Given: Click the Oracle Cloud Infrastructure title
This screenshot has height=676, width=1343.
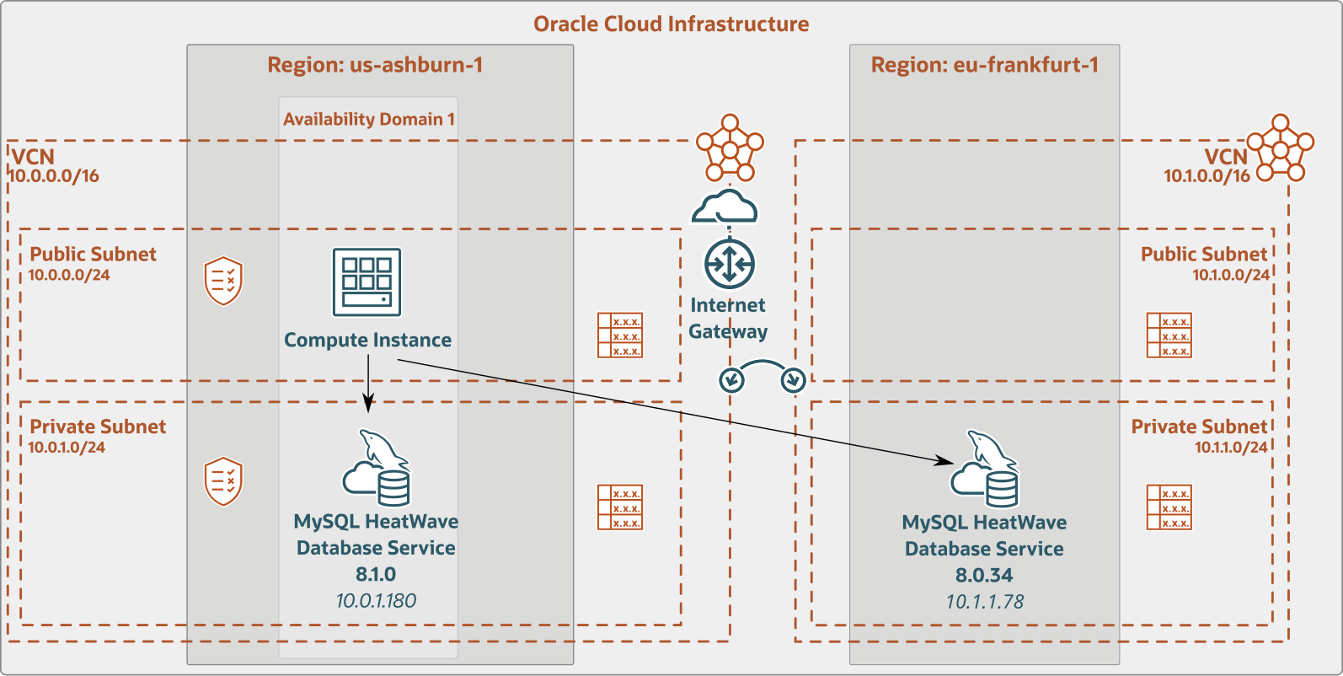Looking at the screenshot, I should (x=671, y=24).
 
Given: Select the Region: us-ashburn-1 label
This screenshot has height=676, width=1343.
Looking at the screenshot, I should (x=375, y=65).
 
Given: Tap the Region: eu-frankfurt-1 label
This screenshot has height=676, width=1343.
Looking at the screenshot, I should (x=984, y=65).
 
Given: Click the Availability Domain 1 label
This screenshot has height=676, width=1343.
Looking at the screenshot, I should (x=369, y=119).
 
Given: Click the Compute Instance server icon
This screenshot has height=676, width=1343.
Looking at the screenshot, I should (x=367, y=282).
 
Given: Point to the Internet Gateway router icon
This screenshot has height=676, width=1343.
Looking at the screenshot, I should (x=729, y=264).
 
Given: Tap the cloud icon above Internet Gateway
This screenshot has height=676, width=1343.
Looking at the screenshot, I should (x=725, y=207).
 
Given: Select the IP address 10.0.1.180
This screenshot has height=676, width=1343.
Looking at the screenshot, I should (x=376, y=600).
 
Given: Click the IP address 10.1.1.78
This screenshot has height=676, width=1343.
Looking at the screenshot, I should (x=984, y=601).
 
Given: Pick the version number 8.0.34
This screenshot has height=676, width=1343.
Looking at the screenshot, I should (x=984, y=575).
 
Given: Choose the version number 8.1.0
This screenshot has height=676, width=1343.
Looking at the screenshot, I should (x=376, y=574).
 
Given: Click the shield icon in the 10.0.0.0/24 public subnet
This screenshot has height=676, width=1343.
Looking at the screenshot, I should (x=223, y=281).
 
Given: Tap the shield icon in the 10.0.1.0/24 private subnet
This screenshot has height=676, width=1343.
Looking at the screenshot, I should (x=223, y=481).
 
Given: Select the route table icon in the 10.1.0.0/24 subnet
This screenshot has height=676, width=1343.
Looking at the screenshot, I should (x=1169, y=335).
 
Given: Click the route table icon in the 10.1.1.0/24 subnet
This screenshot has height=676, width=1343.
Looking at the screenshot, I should (x=1169, y=507).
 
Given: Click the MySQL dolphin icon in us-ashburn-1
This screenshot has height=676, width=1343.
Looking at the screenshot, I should (x=377, y=469).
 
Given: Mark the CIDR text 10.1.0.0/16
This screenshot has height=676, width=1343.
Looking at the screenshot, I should (x=1207, y=176).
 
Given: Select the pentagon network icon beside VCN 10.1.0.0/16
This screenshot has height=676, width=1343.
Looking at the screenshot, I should (x=1281, y=148).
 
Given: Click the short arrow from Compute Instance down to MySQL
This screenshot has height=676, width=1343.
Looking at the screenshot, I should (x=368, y=384).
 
